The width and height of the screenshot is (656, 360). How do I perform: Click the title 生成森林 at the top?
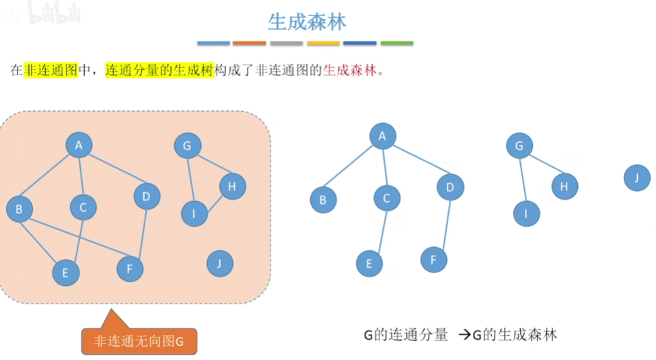coord(307,22)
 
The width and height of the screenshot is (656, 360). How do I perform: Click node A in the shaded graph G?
coord(79,145)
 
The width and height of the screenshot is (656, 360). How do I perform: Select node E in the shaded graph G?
coord(66,272)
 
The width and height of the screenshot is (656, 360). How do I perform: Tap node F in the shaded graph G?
coord(130,269)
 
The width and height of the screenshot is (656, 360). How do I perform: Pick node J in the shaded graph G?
coord(219,264)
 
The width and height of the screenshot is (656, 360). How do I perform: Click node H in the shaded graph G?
coord(232,186)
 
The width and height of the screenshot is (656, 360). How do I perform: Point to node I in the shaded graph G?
coord(194,213)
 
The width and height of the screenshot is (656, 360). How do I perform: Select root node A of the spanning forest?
coord(382,137)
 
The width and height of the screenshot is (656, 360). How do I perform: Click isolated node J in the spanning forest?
coord(636,178)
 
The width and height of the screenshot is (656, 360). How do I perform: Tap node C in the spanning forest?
coord(387,198)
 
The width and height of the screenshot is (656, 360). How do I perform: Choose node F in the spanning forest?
coord(434,259)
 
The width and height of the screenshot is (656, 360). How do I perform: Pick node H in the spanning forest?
coord(564,186)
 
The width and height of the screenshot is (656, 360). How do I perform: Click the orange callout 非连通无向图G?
coord(139,341)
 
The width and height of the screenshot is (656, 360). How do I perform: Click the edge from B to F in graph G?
coord(74,239)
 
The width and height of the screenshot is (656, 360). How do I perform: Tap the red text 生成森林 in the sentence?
coord(350,70)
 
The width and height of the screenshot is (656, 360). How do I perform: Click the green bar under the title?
coord(397,44)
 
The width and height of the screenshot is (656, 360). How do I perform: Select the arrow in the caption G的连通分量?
coord(463,334)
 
